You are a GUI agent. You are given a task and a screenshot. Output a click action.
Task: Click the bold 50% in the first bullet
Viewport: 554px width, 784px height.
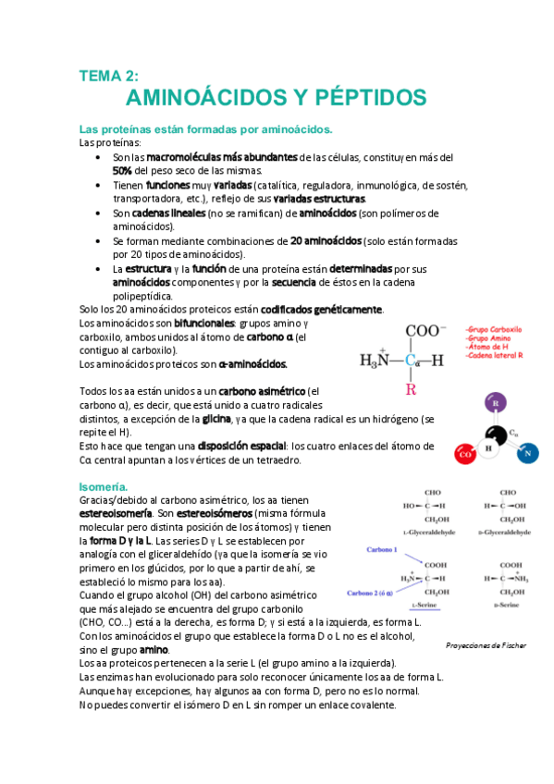click(x=123, y=170)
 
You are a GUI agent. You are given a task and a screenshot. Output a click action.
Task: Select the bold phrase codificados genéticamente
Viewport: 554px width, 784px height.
click(x=321, y=309)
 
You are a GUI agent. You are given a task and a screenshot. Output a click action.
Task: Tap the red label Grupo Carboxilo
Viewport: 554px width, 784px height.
click(x=495, y=328)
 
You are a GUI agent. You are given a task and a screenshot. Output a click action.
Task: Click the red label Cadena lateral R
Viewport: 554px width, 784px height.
click(x=495, y=355)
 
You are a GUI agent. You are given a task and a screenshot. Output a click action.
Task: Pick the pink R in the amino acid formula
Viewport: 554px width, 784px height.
click(x=411, y=389)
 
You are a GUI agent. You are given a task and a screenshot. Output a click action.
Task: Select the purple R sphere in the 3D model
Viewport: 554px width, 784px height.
click(x=497, y=404)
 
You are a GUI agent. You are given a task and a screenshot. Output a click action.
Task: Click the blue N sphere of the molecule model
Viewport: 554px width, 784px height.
click(x=525, y=454)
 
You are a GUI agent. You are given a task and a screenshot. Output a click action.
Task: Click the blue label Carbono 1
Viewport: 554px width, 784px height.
click(x=382, y=549)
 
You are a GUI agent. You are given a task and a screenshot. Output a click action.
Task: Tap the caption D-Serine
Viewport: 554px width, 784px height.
click(x=511, y=603)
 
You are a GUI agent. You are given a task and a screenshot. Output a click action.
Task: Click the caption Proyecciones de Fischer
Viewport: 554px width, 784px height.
click(x=486, y=644)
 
